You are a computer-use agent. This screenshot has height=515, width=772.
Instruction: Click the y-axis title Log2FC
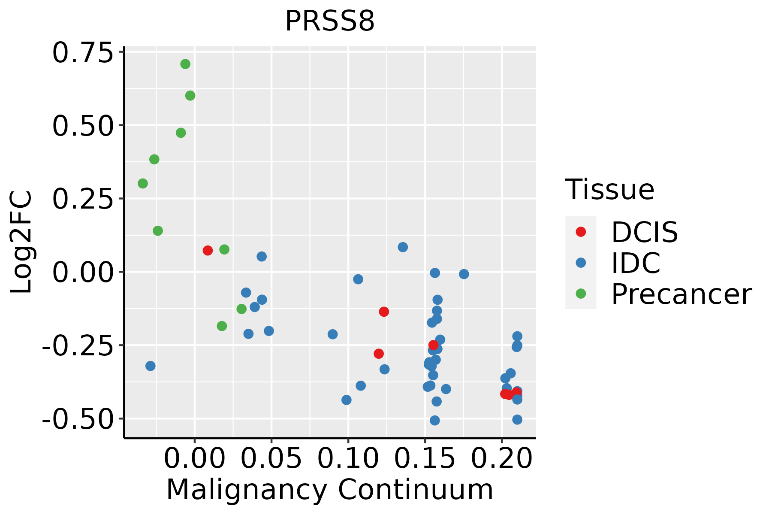[x=21, y=242]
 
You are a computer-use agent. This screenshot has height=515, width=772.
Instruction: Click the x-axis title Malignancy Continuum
[x=329, y=490]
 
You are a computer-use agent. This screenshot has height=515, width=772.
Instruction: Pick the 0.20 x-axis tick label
[x=502, y=458]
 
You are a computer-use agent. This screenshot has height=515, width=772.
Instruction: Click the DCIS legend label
[x=644, y=233]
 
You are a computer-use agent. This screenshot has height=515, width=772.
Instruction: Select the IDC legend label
[x=636, y=263]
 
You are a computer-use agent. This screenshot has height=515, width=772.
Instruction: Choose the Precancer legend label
[x=681, y=294]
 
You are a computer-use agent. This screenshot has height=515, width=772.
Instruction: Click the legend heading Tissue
[x=609, y=189]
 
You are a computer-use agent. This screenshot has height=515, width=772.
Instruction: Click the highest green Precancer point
[x=185, y=64]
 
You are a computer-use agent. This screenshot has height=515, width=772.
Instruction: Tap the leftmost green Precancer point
[x=143, y=184]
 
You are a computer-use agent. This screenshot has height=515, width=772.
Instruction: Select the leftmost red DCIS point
[x=208, y=251]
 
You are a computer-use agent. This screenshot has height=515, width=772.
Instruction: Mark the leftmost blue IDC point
[x=151, y=366]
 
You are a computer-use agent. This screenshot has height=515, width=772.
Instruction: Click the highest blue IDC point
[x=403, y=247]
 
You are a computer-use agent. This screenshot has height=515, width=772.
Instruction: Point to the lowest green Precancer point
[x=222, y=326]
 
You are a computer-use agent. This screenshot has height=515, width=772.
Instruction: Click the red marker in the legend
[x=581, y=232]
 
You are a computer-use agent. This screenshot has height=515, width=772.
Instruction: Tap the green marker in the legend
[x=581, y=294]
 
